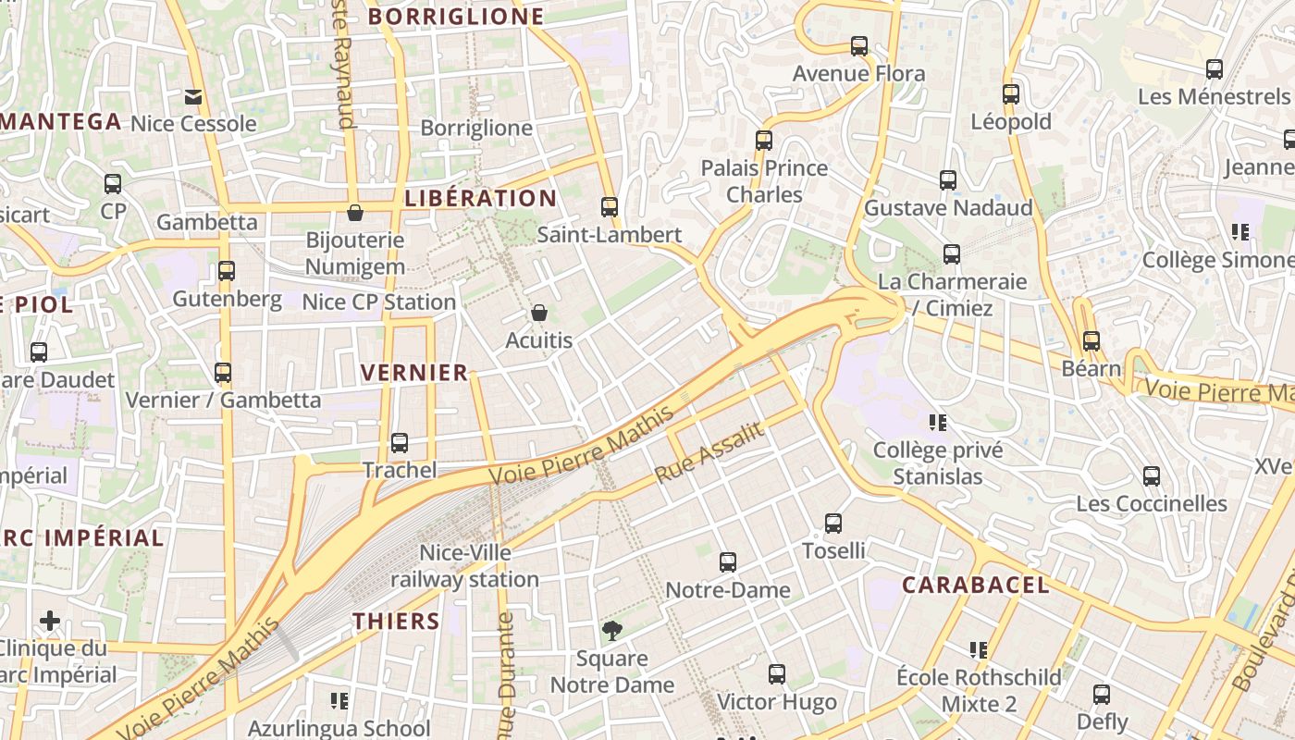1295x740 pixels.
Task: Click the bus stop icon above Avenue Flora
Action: [859, 46]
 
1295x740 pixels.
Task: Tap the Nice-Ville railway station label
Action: [464, 566]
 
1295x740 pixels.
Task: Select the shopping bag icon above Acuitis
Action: [539, 314]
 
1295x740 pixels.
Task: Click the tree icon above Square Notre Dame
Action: [611, 632]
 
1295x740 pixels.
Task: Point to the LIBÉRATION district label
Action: [481, 198]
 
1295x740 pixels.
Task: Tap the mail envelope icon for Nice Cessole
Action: [193, 97]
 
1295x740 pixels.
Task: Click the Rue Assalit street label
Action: [709, 453]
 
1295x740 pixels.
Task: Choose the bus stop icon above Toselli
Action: [833, 524]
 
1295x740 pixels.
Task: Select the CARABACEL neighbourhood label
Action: [976, 585]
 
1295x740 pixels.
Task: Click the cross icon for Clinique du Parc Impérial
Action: [50, 621]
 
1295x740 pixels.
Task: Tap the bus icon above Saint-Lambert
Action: [609, 207]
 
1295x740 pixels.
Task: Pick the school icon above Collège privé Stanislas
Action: [938, 423]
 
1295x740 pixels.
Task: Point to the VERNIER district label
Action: [414, 373]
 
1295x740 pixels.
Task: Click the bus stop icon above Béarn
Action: [1091, 341]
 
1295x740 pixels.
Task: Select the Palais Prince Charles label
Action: [764, 181]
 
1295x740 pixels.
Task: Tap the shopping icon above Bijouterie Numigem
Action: [354, 214]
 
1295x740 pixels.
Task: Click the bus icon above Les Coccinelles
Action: [1152, 476]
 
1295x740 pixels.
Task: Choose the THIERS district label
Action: [396, 621]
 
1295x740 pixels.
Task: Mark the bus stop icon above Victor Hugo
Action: [777, 674]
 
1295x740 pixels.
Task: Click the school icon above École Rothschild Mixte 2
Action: [979, 650]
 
